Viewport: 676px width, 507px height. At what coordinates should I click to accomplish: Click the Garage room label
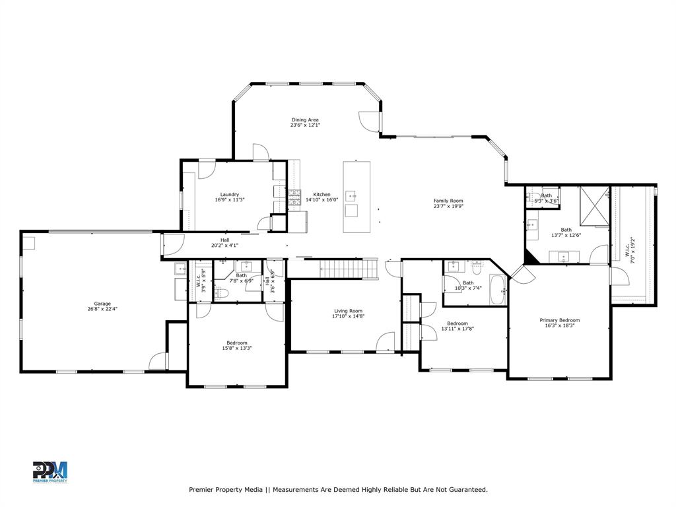(102, 306)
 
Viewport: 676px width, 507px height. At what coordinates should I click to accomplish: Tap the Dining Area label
(305, 122)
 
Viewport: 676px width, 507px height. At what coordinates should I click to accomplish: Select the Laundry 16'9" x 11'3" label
(230, 197)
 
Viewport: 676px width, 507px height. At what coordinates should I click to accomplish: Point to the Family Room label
(448, 203)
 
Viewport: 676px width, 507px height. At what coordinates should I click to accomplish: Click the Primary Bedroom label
(559, 323)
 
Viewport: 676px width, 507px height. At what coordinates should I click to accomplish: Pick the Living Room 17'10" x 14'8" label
(347, 314)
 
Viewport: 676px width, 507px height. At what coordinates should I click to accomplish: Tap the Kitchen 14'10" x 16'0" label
(321, 197)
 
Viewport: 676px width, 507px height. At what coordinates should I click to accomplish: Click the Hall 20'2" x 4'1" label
(224, 242)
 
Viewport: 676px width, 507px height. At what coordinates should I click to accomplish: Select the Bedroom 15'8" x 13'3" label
(237, 345)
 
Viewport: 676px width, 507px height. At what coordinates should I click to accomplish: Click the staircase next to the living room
(348, 269)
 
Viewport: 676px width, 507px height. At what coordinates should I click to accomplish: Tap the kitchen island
(356, 197)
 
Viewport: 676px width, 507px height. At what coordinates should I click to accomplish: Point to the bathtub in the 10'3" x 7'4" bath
(497, 290)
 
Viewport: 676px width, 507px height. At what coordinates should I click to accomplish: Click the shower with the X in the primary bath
(594, 206)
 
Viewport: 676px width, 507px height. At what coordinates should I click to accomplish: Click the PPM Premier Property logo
(50, 472)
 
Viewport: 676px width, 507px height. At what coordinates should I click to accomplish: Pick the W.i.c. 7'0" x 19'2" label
(630, 252)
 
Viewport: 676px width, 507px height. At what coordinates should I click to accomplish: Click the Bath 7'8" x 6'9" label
(242, 278)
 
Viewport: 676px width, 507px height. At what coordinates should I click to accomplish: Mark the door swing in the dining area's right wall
(370, 121)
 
